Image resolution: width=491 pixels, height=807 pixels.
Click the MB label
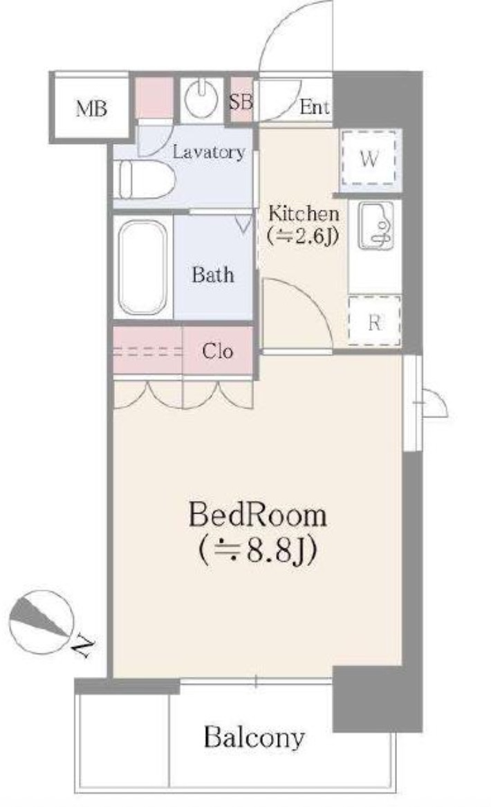coord(91,109)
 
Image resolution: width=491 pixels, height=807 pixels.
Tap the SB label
coord(241,101)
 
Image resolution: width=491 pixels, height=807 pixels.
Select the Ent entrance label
coord(314,107)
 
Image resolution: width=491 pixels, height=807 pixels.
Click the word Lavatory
coord(208,152)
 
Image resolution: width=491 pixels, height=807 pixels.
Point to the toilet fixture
coord(145,179)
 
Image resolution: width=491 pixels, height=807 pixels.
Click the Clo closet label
coord(217,352)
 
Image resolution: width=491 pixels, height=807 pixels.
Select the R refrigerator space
coord(374,320)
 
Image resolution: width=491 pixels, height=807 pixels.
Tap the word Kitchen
coord(304,213)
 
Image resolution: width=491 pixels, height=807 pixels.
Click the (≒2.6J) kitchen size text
coord(303,236)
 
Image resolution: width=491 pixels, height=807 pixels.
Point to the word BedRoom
coord(257,515)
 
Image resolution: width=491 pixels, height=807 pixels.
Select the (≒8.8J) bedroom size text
coord(257,550)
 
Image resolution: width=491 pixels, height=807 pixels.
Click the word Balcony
coord(254,738)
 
